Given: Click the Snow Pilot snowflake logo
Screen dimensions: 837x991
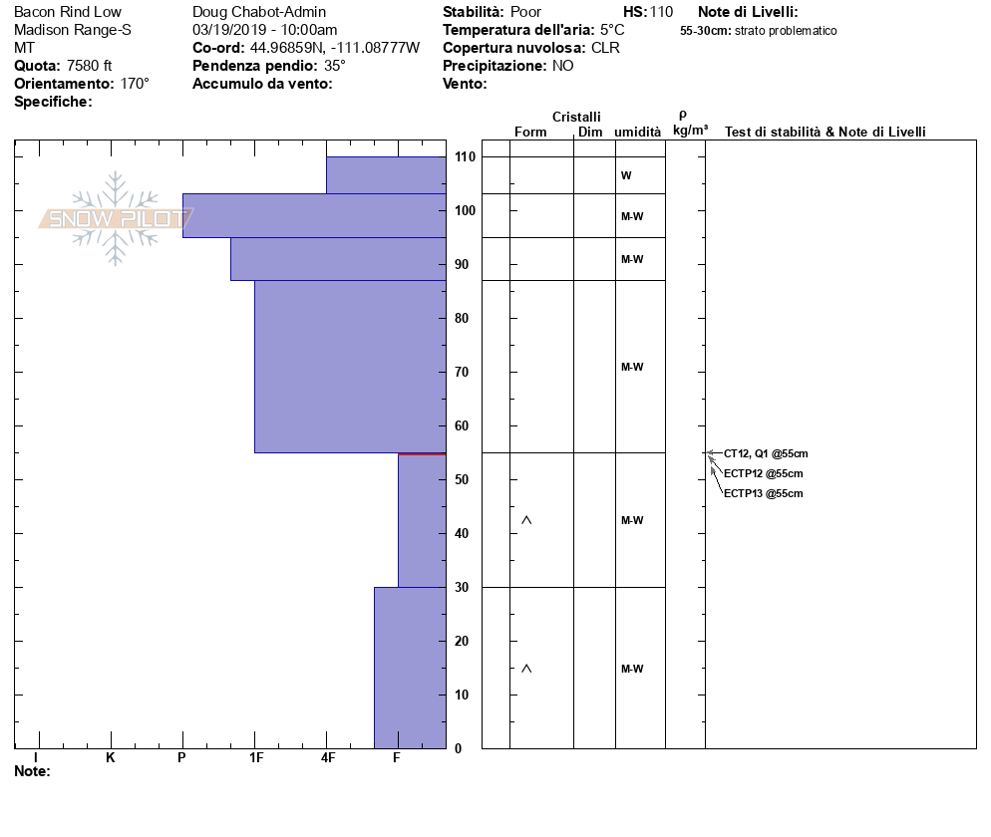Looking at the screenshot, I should pos(116,218).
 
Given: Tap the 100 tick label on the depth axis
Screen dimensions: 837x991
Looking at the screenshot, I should pos(465,211).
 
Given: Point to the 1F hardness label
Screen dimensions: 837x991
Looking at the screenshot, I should pos(255,758).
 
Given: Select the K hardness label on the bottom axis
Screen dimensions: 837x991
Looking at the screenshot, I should pos(110,758).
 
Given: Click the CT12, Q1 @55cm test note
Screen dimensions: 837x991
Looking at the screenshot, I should pos(763,453).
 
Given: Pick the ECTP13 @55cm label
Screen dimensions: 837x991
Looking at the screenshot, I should pos(763,493).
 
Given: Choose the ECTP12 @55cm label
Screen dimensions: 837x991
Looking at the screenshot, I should pos(763,473).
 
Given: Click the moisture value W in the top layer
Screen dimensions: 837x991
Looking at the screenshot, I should pos(626,175).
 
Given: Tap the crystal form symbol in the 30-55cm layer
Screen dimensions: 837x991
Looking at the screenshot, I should pos(526,520).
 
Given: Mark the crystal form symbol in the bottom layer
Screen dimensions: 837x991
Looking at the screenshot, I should pos(526,669).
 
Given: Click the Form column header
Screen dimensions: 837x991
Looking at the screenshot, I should pos(529,133).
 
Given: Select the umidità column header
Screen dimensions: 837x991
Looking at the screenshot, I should pos(637,133).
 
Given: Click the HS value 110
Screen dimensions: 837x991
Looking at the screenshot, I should pos(661,12).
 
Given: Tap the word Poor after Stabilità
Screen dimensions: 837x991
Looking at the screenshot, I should pos(525,12).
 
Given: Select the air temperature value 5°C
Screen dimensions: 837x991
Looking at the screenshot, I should pos(612,30).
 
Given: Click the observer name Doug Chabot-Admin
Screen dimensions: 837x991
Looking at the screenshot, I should pos(258,12).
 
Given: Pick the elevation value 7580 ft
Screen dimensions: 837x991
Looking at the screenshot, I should pos(89,66).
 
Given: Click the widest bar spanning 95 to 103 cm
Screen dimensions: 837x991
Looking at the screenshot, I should pos(313,215).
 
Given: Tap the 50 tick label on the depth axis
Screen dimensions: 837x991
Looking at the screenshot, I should pos(465,480).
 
